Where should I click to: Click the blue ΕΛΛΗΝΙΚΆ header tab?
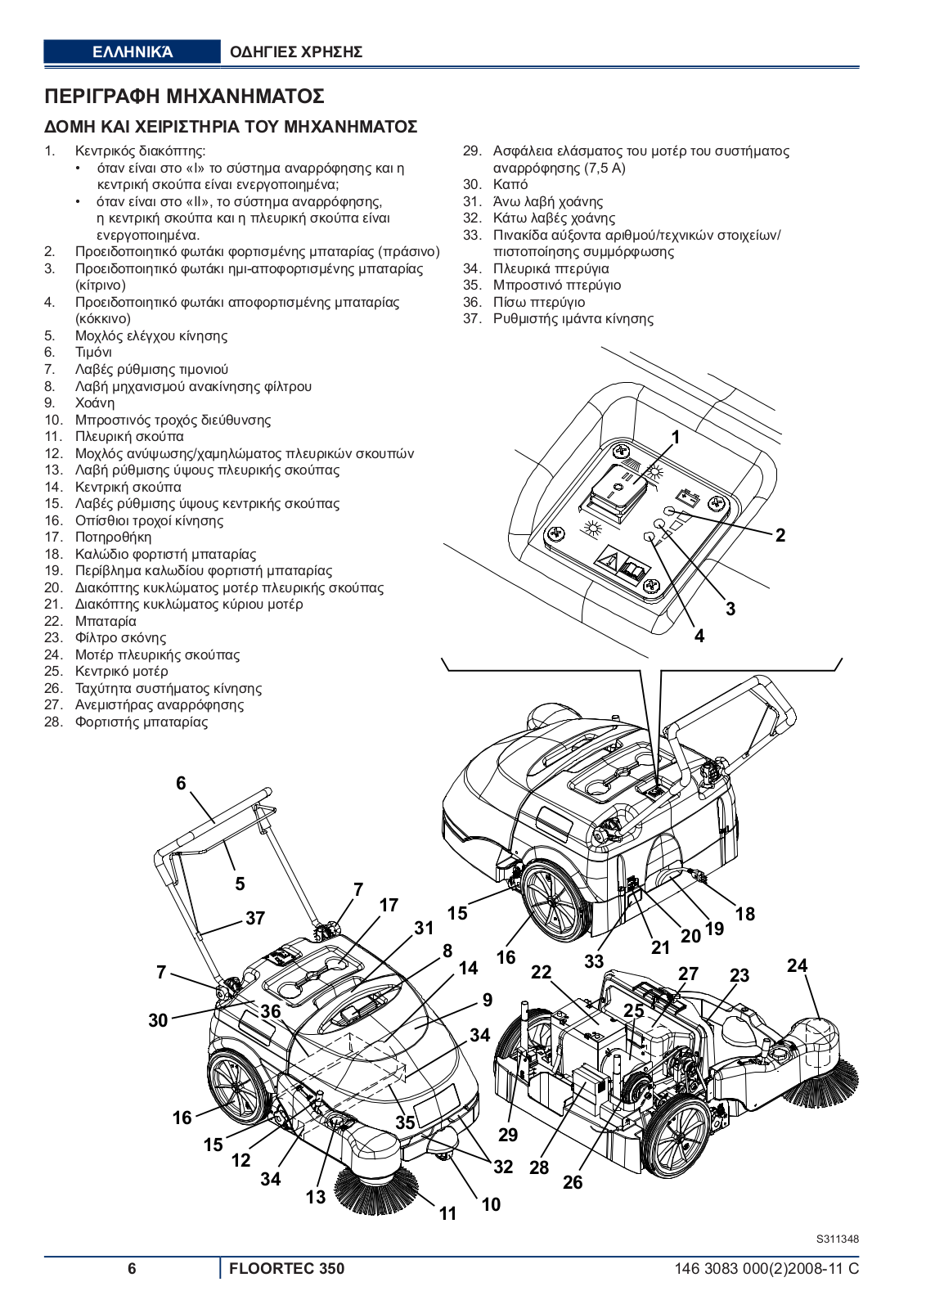click(132, 52)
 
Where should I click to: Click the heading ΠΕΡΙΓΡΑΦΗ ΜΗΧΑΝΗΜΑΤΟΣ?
click(184, 97)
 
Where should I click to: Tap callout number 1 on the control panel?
click(676, 438)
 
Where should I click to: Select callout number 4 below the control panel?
click(699, 636)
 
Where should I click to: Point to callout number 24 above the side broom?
click(797, 965)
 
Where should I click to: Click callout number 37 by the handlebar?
click(255, 918)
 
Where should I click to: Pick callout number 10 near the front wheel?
click(491, 1204)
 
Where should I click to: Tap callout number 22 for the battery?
click(541, 972)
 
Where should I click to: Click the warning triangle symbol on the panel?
click(606, 561)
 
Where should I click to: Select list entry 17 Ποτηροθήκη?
click(113, 538)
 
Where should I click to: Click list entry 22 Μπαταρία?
click(106, 621)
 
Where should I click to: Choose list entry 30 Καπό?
click(510, 185)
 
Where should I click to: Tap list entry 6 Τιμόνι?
click(93, 353)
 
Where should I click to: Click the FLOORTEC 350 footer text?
click(286, 1269)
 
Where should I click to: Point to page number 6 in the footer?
click(132, 1269)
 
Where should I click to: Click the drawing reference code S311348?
click(837, 1239)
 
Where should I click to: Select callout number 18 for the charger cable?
click(744, 914)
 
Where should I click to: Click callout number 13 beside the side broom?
click(316, 1197)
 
